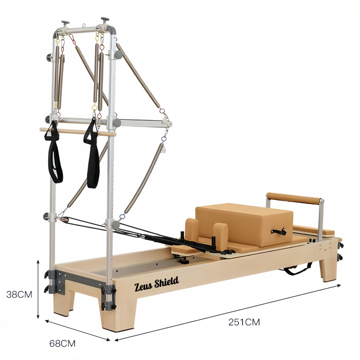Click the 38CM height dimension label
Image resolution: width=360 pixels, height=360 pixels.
click(19, 295)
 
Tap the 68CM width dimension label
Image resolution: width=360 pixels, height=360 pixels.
click(62, 344)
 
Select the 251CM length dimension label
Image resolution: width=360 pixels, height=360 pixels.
click(244, 322)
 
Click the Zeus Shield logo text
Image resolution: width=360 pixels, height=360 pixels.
click(156, 284)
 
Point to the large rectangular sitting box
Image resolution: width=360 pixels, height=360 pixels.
click(244, 225)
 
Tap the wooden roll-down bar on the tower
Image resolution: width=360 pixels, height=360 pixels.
click(78, 132)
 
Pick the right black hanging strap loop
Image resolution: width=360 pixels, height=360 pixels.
click(92, 154)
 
